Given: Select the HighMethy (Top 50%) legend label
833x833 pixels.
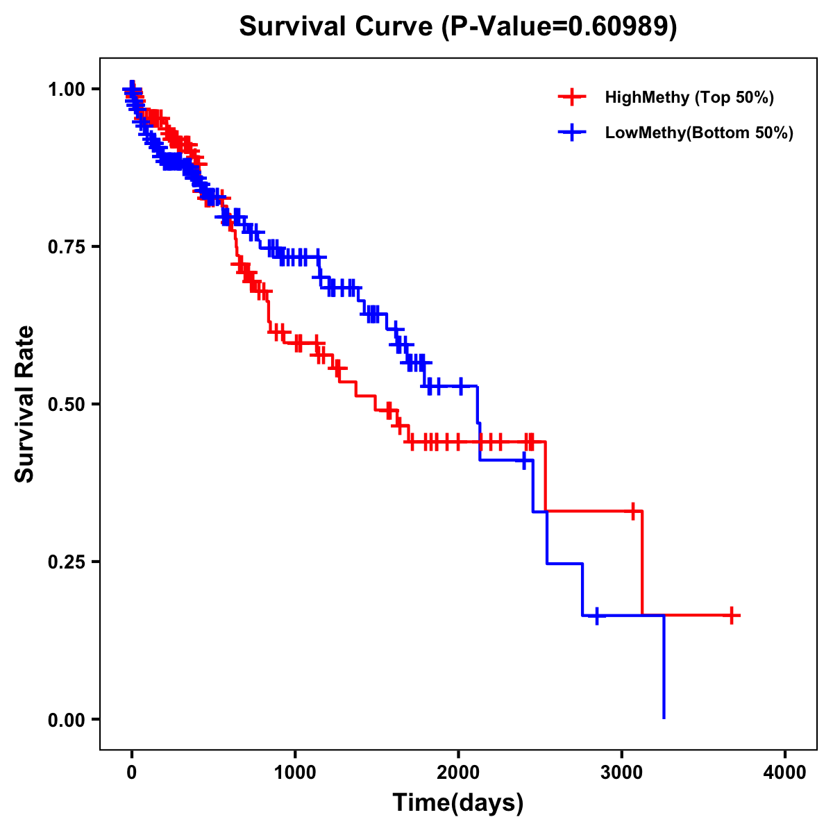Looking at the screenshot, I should [x=689, y=97].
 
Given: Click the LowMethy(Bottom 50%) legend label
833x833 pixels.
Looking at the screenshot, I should [x=698, y=133].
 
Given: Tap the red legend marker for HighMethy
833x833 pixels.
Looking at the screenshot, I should [x=571, y=97].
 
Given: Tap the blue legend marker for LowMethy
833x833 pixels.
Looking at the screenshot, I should [x=571, y=133].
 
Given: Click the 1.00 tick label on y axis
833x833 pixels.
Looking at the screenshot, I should [x=67, y=90].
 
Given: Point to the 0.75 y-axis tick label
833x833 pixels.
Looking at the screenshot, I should [x=67, y=247].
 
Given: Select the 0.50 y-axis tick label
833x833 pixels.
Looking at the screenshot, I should [x=67, y=405].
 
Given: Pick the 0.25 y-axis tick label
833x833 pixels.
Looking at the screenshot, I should [x=67, y=562].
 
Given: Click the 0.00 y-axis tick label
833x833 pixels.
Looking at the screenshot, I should [x=67, y=720].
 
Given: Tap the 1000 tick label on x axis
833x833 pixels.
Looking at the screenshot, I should [x=295, y=773].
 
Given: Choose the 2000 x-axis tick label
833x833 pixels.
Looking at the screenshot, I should [x=458, y=773].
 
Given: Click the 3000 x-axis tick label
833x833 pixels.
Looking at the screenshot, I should [x=622, y=773].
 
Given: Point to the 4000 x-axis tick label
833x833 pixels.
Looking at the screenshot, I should [x=785, y=773].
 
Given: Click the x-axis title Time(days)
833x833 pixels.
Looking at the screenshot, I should [x=458, y=803].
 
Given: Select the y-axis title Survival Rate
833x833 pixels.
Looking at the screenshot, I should [x=25, y=404].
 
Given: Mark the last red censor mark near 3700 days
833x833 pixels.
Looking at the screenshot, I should [x=732, y=615].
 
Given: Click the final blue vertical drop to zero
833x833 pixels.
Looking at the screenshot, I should [x=664, y=666].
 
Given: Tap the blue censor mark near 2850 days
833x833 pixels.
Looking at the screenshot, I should [x=596, y=616].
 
